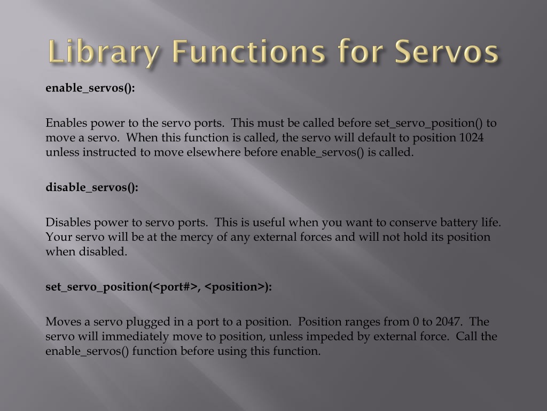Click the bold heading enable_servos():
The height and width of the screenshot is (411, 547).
coord(90,88)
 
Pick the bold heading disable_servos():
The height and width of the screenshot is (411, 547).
coord(92,187)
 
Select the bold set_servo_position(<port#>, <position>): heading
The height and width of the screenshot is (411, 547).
coord(159,287)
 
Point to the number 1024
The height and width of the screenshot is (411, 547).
coord(471,138)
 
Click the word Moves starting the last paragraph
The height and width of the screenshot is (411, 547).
coord(61,322)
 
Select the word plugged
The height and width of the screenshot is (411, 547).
coord(124,322)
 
